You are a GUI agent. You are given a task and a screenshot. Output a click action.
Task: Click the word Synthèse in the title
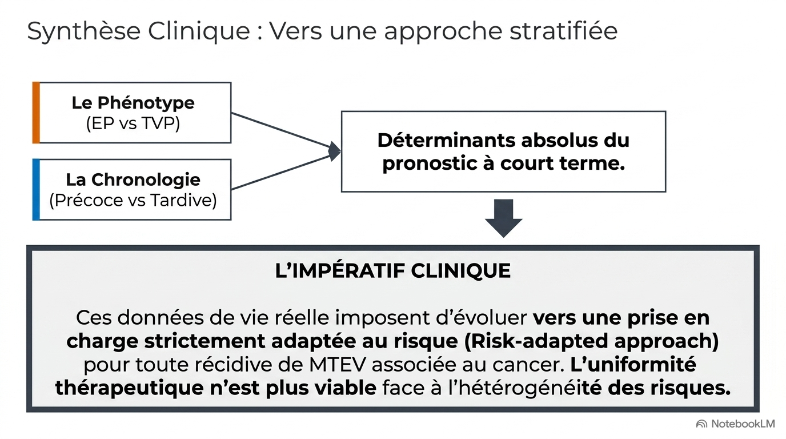pos(84,31)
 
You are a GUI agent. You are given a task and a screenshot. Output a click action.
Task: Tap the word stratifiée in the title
pos(564,31)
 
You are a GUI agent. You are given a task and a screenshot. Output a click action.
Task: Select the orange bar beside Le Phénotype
pos(36,113)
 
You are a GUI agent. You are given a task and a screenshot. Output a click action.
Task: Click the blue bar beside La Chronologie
pos(36,190)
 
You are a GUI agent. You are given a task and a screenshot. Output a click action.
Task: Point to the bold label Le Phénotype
pos(133,103)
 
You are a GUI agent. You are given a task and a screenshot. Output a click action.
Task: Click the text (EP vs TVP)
pos(133,123)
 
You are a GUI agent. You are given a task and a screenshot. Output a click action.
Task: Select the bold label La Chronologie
pos(133,180)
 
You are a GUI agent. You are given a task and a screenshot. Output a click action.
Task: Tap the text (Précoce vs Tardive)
pos(133,200)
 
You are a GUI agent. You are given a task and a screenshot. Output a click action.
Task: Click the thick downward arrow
pos(504,218)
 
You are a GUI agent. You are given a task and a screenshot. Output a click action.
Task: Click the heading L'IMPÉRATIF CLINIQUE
pos(392,271)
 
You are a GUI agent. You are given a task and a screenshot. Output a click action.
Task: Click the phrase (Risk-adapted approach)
pos(591,342)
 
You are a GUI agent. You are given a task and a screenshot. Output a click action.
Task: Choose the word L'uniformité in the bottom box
pos(633,365)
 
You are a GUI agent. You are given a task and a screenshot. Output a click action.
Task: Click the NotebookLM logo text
pos(743,424)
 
